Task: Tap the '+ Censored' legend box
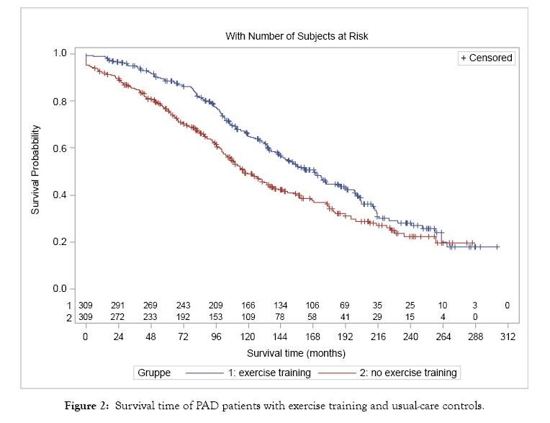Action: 487,58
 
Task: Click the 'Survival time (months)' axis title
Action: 296,353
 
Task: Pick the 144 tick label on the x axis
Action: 280,337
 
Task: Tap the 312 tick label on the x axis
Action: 508,337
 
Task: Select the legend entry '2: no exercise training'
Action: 408,373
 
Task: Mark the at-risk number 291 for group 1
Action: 117,306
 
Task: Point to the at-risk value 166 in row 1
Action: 248,306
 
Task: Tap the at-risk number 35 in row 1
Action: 378,306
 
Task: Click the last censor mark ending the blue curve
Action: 497,246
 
